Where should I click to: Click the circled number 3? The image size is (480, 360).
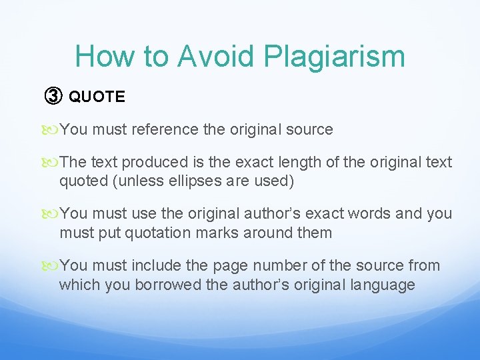pyautogui.click(x=53, y=97)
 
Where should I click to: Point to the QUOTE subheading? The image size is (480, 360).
pyautogui.click(x=97, y=97)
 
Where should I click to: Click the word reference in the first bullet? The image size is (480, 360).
pyautogui.click(x=165, y=129)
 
